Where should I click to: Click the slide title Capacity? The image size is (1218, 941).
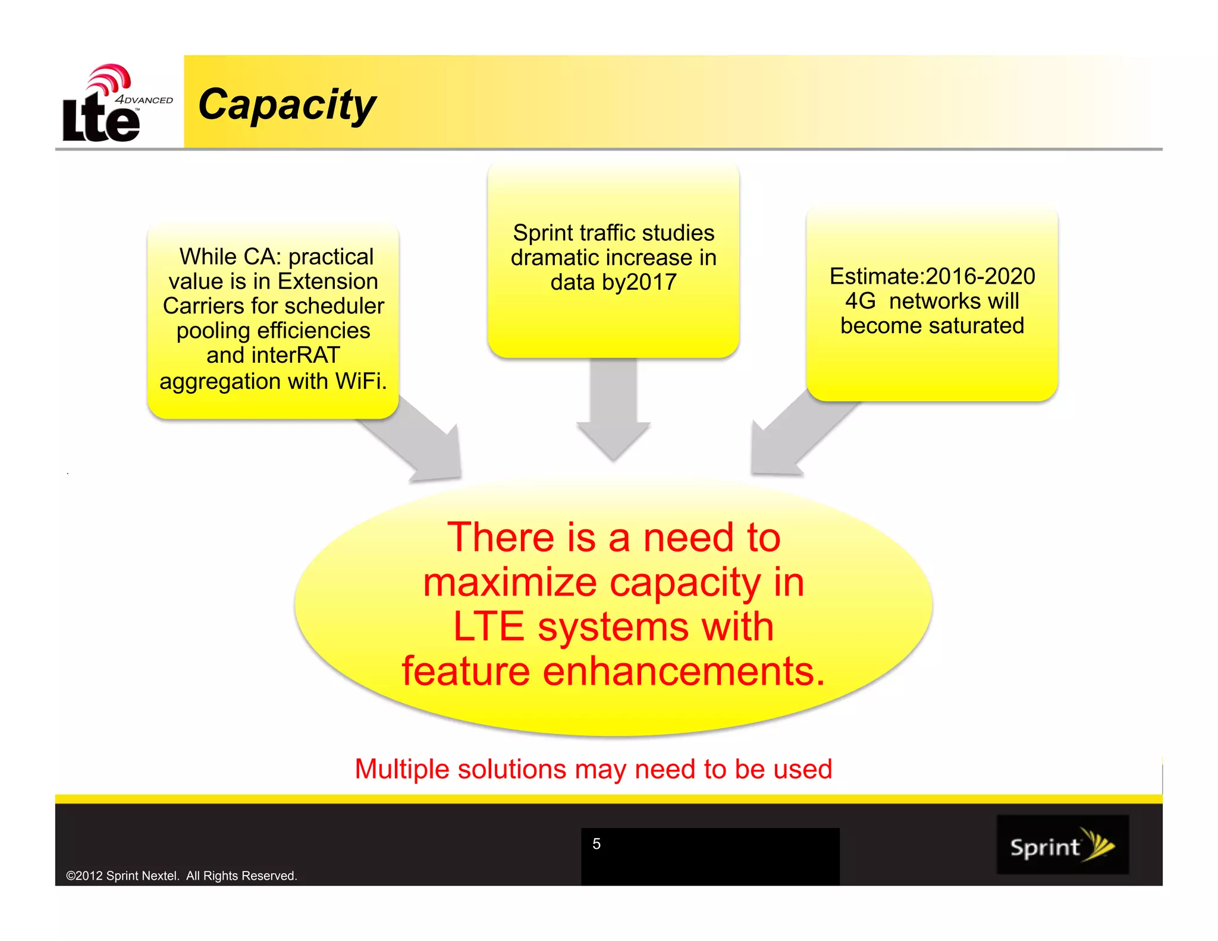coord(287,105)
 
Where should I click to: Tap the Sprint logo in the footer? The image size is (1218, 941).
coord(1062,845)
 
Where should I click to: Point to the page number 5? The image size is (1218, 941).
coord(597,843)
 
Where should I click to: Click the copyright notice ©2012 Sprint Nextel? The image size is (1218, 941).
coord(181,876)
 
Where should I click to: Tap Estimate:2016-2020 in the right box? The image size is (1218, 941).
coord(932,276)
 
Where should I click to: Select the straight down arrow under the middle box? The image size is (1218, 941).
coord(613,410)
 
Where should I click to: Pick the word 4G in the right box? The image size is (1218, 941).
coord(860,301)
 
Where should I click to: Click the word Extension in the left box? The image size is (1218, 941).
coord(328,281)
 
